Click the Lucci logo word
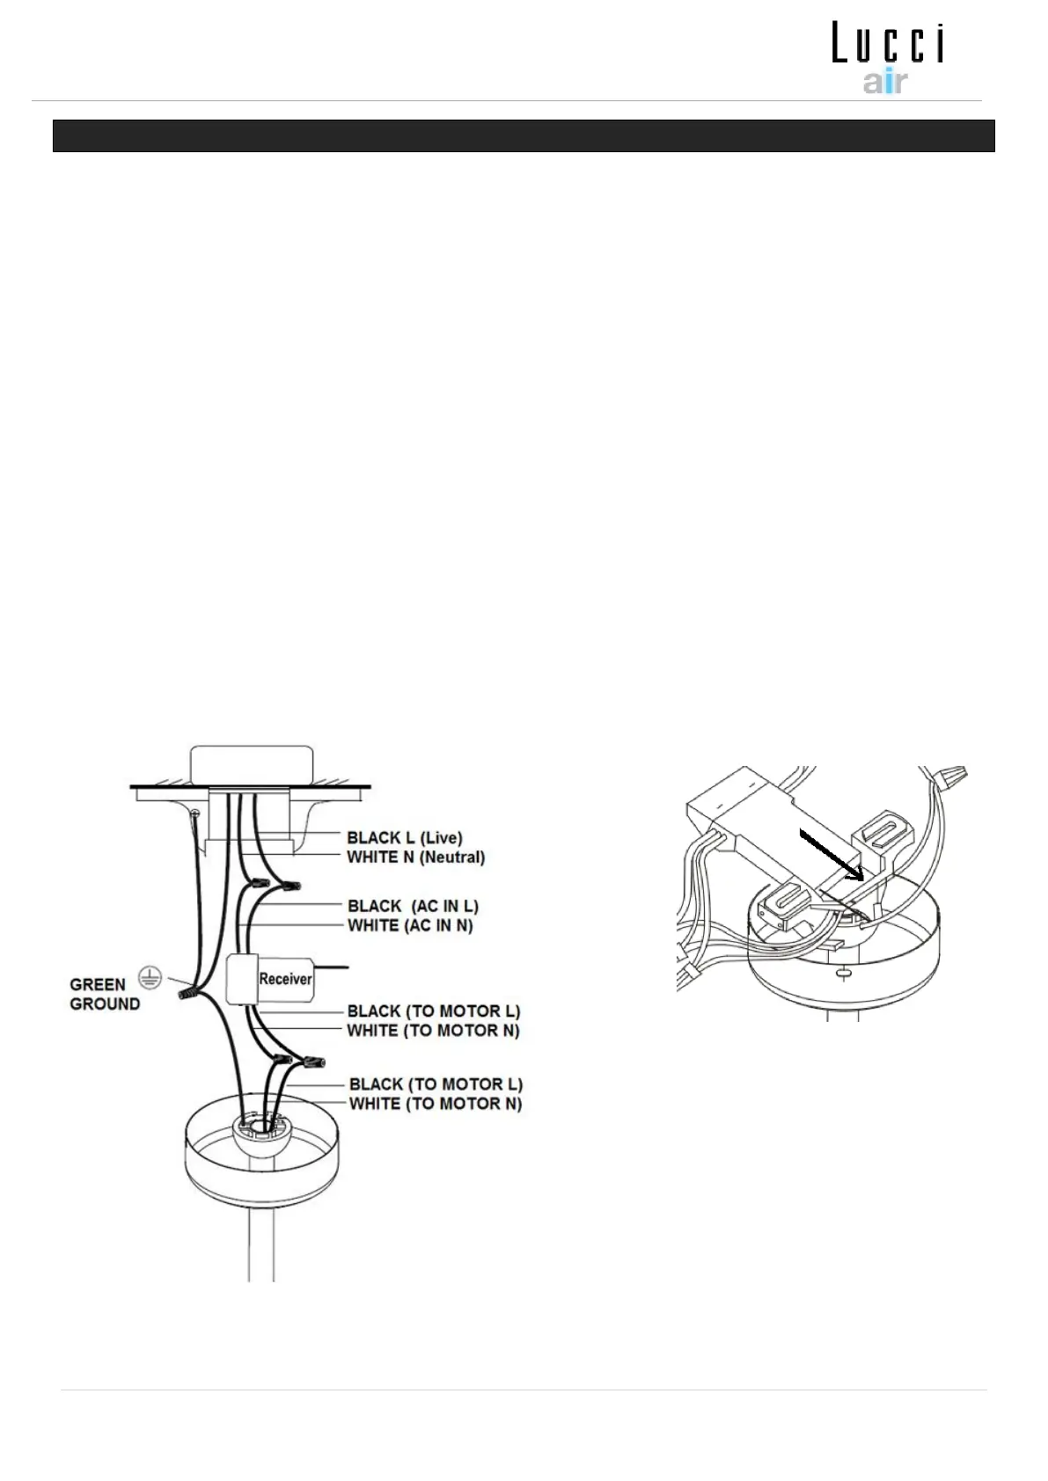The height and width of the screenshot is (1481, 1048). click(x=888, y=45)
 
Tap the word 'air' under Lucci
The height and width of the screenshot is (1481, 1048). click(x=884, y=83)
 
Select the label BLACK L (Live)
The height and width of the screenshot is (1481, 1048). click(x=404, y=837)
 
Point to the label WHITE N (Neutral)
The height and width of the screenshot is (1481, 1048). click(x=415, y=857)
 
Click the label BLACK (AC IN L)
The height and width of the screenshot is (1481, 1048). click(x=413, y=906)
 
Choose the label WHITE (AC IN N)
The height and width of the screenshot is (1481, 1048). click(x=410, y=925)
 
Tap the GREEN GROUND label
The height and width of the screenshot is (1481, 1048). click(x=105, y=995)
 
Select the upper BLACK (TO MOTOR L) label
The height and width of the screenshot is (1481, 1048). click(x=434, y=1011)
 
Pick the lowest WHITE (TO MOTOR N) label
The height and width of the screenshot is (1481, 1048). click(x=436, y=1104)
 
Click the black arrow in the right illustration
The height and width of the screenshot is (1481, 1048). click(x=832, y=853)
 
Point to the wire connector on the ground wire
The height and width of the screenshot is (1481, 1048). click(x=187, y=994)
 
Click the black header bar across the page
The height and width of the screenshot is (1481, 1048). click(x=524, y=136)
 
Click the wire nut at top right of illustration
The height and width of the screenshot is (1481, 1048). click(x=951, y=777)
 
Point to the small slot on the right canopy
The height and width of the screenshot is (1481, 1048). click(x=843, y=973)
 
